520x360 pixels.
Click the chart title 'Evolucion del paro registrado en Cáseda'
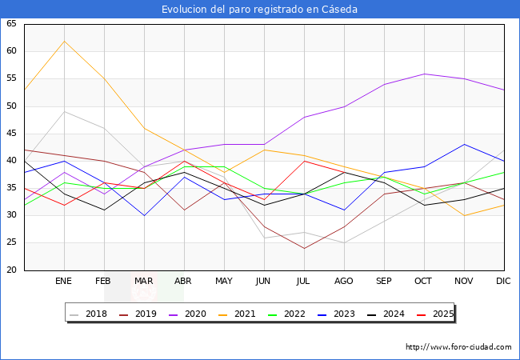(x=259, y=10)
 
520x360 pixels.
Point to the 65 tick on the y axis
(x=11, y=24)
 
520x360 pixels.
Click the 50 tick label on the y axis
(x=11, y=106)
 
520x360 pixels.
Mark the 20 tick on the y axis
(x=11, y=270)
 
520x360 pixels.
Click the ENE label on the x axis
(x=64, y=282)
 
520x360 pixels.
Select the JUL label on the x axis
(x=304, y=282)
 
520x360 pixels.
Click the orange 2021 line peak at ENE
(x=64, y=41)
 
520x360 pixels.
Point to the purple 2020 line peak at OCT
(x=424, y=74)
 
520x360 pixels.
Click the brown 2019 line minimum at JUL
(x=304, y=248)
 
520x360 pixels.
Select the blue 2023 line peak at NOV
(x=464, y=145)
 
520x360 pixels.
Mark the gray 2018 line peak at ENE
(x=64, y=111)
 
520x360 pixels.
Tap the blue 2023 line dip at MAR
(x=144, y=215)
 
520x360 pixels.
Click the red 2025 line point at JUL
(x=304, y=161)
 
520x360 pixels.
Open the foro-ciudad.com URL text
(x=458, y=347)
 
